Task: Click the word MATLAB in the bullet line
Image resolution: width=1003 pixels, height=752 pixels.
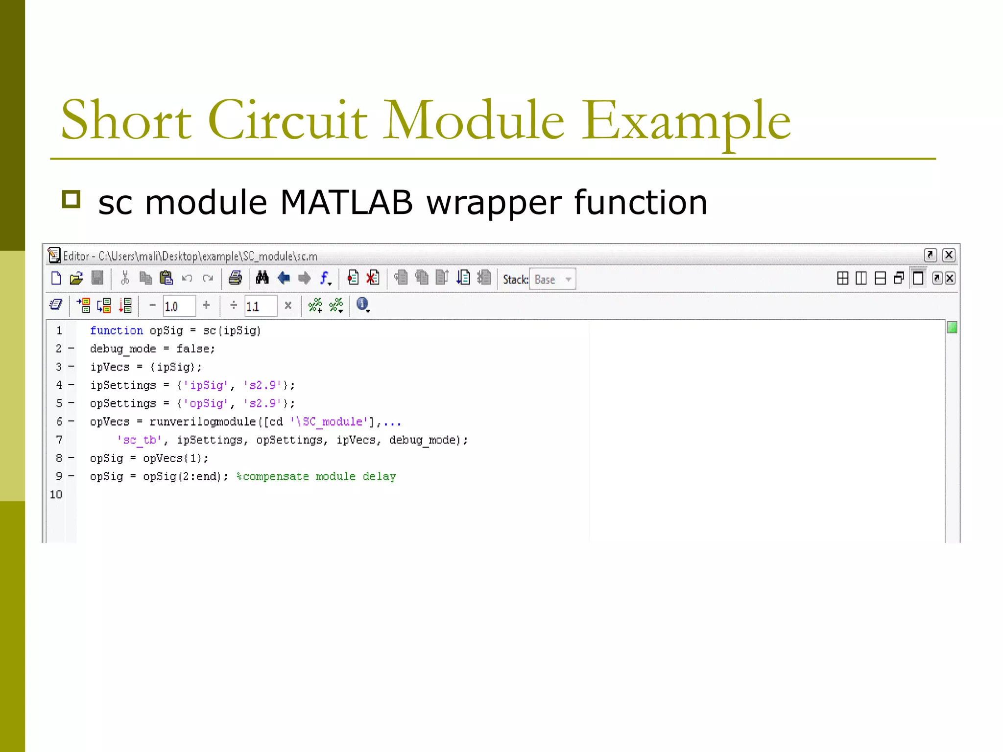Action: [x=347, y=203]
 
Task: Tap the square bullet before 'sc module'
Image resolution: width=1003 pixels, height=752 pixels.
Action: [x=72, y=200]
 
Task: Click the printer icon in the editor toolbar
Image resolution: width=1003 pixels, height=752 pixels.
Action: [x=235, y=279]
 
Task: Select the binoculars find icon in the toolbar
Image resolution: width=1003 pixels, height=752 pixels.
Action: [x=262, y=278]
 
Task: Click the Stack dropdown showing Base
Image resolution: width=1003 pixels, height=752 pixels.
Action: [x=552, y=280]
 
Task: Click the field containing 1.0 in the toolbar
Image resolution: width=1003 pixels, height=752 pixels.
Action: [x=179, y=306]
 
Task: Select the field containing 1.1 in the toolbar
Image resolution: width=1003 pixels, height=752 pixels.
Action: [x=260, y=306]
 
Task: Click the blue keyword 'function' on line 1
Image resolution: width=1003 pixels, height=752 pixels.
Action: [x=117, y=331]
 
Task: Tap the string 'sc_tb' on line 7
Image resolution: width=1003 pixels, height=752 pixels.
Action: [x=140, y=440]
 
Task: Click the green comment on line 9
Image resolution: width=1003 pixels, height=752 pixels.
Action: [x=316, y=477]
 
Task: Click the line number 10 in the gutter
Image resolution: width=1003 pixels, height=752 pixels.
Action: [x=56, y=495]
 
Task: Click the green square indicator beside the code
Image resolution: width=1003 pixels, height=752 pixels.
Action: [x=952, y=328]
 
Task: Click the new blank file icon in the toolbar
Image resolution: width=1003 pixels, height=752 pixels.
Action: [x=56, y=279]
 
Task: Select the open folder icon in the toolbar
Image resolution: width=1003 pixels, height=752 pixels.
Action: [x=76, y=279]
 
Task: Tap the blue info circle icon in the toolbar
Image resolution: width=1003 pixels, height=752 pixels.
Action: [x=362, y=305]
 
